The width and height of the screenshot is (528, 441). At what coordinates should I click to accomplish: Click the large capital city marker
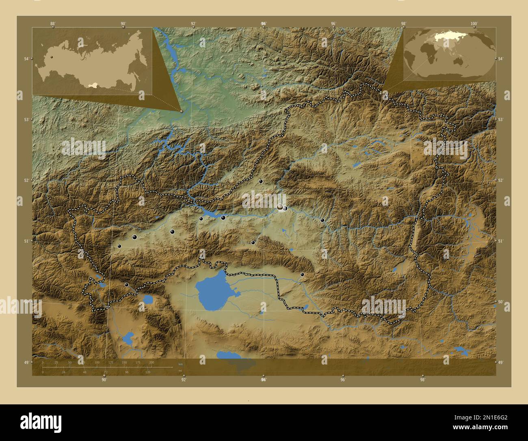click(x=280, y=207)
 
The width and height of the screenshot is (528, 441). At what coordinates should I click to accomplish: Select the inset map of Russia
click(x=92, y=61)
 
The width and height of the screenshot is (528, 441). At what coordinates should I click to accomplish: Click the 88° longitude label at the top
click(x=53, y=24)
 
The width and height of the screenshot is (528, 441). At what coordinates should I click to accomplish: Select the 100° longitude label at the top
click(x=474, y=24)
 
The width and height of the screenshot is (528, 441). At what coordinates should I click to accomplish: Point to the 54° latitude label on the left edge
click(x=26, y=59)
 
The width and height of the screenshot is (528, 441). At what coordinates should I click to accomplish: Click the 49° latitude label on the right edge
click(x=501, y=362)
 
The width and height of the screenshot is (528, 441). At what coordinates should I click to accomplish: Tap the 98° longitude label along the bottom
click(x=422, y=380)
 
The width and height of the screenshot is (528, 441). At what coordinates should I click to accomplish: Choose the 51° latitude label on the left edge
click(x=26, y=241)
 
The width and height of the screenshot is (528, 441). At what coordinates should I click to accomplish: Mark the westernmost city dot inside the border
click(x=119, y=246)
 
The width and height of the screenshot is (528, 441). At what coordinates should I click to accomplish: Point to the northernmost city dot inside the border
click(x=261, y=181)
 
